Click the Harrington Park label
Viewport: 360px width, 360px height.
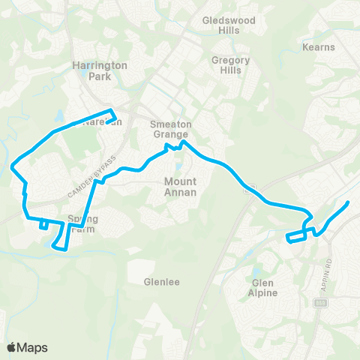click(100, 70)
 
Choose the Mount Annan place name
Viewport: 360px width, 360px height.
click(180, 187)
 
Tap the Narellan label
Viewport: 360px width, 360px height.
click(103, 121)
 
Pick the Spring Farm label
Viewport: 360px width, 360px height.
click(83, 223)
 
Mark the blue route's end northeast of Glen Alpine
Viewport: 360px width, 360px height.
click(349, 203)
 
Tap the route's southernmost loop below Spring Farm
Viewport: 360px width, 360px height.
click(61, 245)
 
